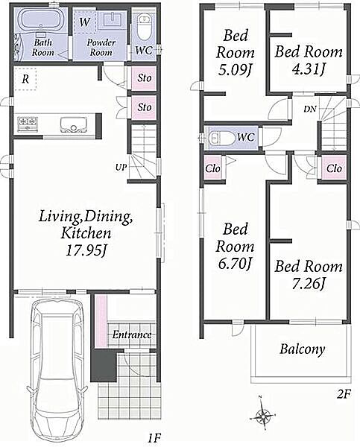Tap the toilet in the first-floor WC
(144, 28)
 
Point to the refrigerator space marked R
(25, 79)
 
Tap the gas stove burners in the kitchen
(28, 124)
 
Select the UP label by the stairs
(121, 168)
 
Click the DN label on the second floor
(310, 109)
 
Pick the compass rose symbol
(262, 416)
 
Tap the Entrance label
(131, 335)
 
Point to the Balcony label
(302, 349)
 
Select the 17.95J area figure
(86, 251)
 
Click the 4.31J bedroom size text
(309, 69)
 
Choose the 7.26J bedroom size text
(309, 284)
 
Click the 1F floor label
(154, 438)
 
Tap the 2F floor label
(344, 394)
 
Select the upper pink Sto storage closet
(145, 77)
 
